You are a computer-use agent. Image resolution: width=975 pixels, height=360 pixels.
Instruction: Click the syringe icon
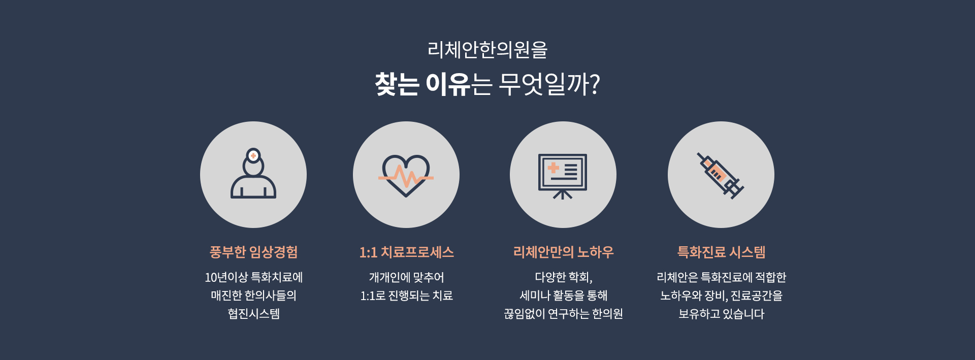click(x=721, y=176)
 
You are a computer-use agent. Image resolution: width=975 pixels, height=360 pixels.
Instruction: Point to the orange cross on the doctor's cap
click(x=253, y=156)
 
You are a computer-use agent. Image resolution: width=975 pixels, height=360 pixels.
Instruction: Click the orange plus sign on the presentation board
click(x=554, y=168)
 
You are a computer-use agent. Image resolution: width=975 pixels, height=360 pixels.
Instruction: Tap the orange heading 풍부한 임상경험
click(x=253, y=252)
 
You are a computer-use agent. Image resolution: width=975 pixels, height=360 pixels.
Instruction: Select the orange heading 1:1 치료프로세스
click(x=406, y=252)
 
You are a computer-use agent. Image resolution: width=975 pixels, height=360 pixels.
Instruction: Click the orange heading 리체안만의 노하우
click(x=563, y=252)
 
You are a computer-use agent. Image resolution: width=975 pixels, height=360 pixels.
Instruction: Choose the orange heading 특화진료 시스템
click(x=721, y=252)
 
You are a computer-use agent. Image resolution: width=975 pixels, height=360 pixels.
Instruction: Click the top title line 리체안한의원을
click(x=487, y=50)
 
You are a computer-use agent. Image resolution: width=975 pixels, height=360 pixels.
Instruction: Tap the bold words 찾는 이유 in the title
click(x=422, y=84)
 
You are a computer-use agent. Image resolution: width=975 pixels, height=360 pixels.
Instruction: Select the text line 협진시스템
click(x=253, y=314)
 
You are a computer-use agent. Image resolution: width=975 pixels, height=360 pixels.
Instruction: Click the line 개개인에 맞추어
click(x=406, y=277)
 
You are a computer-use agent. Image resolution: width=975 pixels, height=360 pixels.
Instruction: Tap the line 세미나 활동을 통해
click(x=563, y=296)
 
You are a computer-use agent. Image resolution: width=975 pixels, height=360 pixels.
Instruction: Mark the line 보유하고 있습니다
click(x=721, y=314)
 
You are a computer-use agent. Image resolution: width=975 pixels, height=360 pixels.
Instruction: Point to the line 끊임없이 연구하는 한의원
click(x=563, y=314)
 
